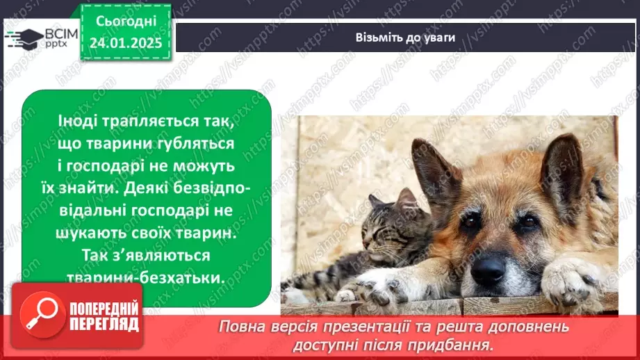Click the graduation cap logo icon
click(24, 37)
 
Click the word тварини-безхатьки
click(147, 277)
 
